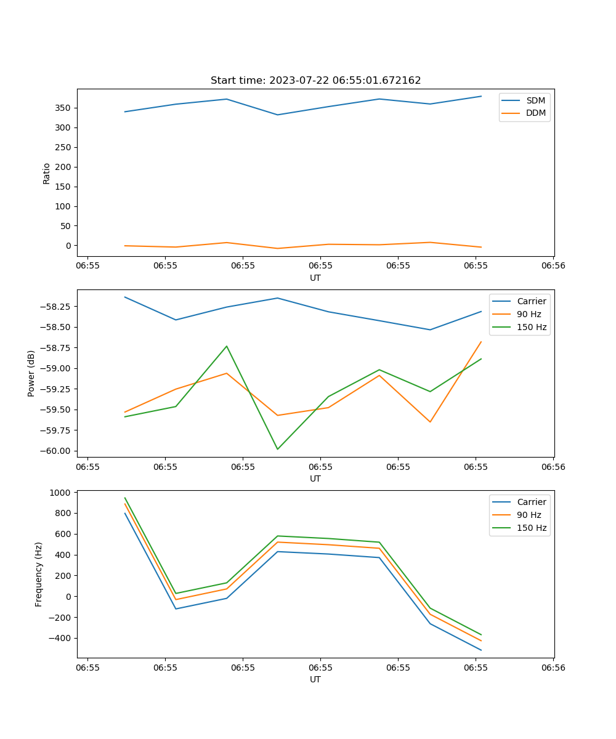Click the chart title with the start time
point(315,81)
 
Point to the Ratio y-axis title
point(47,173)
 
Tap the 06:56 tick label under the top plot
point(553,266)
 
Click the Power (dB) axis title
point(31,373)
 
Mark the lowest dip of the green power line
point(277,449)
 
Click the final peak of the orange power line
point(481,342)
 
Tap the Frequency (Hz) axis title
point(39,574)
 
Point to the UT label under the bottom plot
point(315,679)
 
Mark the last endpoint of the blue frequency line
point(481,650)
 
